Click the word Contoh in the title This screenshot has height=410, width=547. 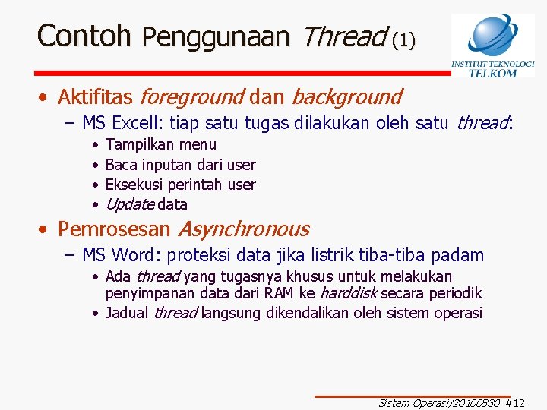(x=84, y=36)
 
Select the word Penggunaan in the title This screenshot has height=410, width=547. (x=216, y=36)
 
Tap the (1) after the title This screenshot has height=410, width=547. (x=403, y=39)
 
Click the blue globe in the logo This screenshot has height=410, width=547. (x=492, y=34)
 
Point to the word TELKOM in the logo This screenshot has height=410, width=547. (x=492, y=73)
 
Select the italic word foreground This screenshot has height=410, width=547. (x=191, y=97)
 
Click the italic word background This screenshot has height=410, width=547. (x=346, y=97)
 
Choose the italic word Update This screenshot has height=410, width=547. (x=130, y=204)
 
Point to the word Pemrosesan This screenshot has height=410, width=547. (x=115, y=229)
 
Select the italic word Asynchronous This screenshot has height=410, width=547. (x=243, y=229)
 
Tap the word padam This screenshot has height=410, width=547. (x=457, y=255)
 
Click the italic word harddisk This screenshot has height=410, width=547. (x=348, y=293)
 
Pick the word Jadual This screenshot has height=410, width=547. (x=127, y=313)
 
